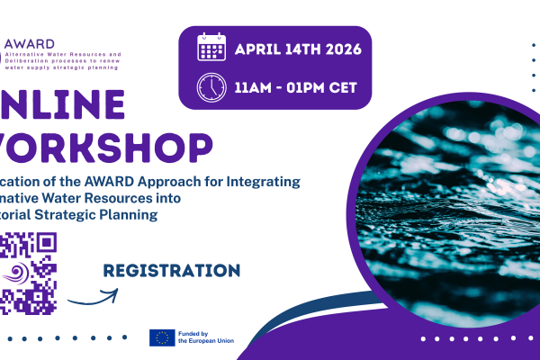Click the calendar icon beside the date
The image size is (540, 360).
[211, 47]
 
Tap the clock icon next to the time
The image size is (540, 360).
[211, 87]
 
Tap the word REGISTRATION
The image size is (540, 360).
[171, 270]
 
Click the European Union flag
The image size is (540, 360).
[162, 337]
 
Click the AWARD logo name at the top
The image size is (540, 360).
[29, 43]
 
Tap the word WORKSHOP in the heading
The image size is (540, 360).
[108, 146]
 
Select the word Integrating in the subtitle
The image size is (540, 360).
[262, 182]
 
